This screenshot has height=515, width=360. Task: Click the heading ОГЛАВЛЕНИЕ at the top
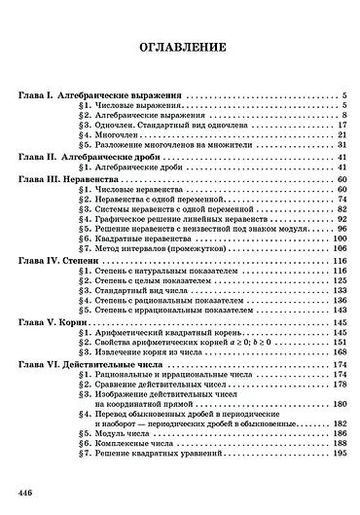pos(180,46)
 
